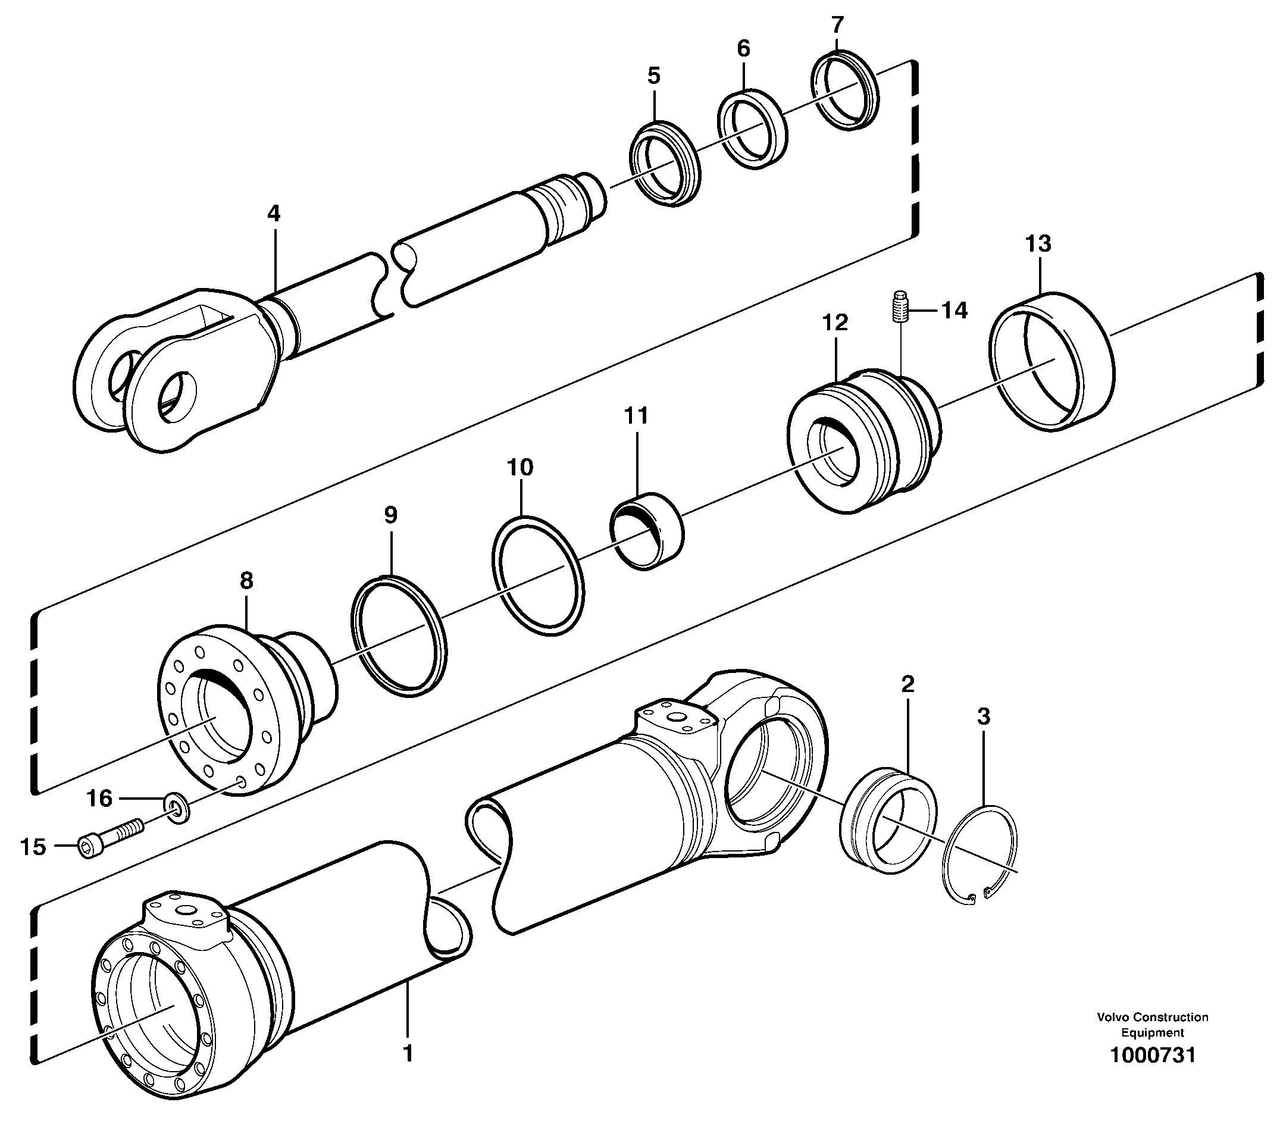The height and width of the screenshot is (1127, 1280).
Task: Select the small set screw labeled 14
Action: [900, 306]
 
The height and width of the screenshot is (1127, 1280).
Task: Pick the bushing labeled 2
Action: [888, 819]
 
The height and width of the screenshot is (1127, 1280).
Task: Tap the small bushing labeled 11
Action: [647, 531]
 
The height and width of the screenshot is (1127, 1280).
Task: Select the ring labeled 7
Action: [846, 91]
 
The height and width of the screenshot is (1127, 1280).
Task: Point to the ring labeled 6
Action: [752, 129]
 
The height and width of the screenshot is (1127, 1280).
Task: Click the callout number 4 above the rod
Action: [274, 214]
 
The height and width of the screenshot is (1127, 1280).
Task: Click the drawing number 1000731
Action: [1152, 1055]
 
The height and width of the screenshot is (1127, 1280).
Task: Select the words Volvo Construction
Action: [1152, 1018]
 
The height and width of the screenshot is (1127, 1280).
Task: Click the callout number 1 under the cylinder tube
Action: [408, 1053]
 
